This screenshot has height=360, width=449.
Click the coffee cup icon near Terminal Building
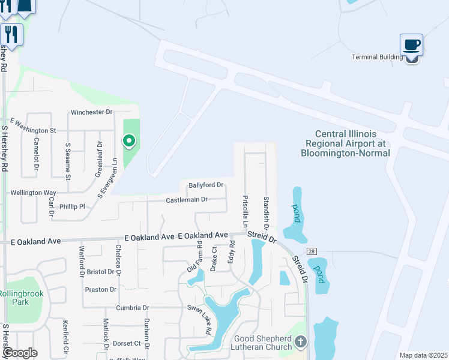[412, 45]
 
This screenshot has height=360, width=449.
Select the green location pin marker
[128, 141]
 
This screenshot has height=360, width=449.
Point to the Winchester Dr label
[92, 112]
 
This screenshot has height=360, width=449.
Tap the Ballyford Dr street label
[206, 185]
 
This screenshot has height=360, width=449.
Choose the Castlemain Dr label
[187, 199]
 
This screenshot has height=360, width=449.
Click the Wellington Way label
[34, 193]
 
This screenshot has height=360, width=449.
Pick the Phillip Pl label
[72, 206]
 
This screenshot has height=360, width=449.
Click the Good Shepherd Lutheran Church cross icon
[301, 342]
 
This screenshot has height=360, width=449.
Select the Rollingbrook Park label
[13, 298]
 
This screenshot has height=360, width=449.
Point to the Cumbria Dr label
[133, 308]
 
